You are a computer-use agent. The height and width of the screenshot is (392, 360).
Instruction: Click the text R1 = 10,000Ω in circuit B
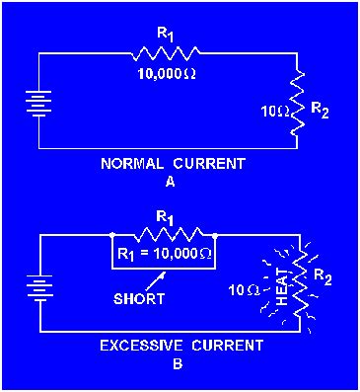pos(165,254)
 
